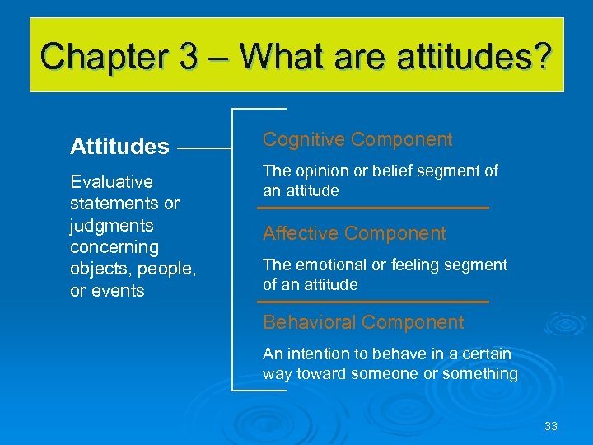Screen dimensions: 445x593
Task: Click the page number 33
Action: [551, 426]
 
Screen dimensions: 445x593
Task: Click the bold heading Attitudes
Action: [119, 148]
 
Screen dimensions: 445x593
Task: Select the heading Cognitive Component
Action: [357, 140]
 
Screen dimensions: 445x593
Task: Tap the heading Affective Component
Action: [354, 234]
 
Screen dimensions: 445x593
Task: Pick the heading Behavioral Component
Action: [363, 322]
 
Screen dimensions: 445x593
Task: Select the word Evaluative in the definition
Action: [111, 181]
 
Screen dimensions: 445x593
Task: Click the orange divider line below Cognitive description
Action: [376, 208]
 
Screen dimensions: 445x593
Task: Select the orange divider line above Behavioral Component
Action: [376, 302]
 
